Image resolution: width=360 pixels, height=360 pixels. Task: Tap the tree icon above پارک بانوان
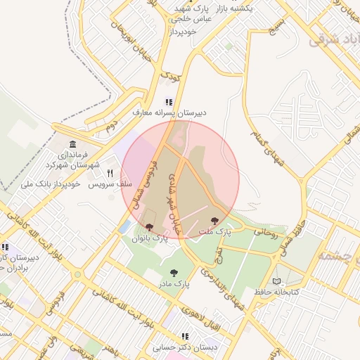pyautogui.click(x=149, y=227)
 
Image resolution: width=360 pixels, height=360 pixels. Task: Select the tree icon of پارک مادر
pyautogui.click(x=173, y=273)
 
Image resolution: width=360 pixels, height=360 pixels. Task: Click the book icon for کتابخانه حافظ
pyautogui.click(x=284, y=279)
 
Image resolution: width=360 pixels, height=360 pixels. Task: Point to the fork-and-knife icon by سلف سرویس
pyautogui.click(x=110, y=173)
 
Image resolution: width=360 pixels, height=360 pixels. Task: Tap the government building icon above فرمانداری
pyautogui.click(x=73, y=144)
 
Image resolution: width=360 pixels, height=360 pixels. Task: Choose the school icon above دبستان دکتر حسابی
pyautogui.click(x=185, y=337)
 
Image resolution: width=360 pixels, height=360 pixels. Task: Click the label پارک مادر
pyautogui.click(x=173, y=284)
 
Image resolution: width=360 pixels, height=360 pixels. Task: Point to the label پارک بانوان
pyautogui.click(x=150, y=239)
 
